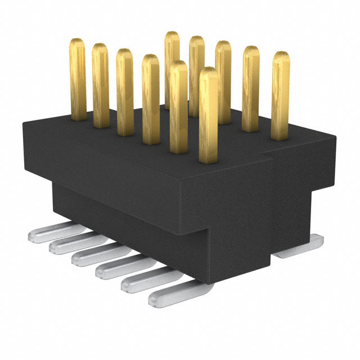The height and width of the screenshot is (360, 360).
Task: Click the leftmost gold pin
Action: tap(78, 79)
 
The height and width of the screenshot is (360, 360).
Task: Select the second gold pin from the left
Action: tap(101, 84)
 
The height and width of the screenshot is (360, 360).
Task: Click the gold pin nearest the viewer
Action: tap(209, 115)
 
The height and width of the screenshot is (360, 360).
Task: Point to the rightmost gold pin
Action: tap(280, 96)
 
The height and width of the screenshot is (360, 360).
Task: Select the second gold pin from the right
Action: tap(251, 87)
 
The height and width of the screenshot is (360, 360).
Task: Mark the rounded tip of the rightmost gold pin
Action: tap(280, 55)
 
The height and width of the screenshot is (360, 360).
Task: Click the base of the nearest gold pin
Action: tap(209, 157)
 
